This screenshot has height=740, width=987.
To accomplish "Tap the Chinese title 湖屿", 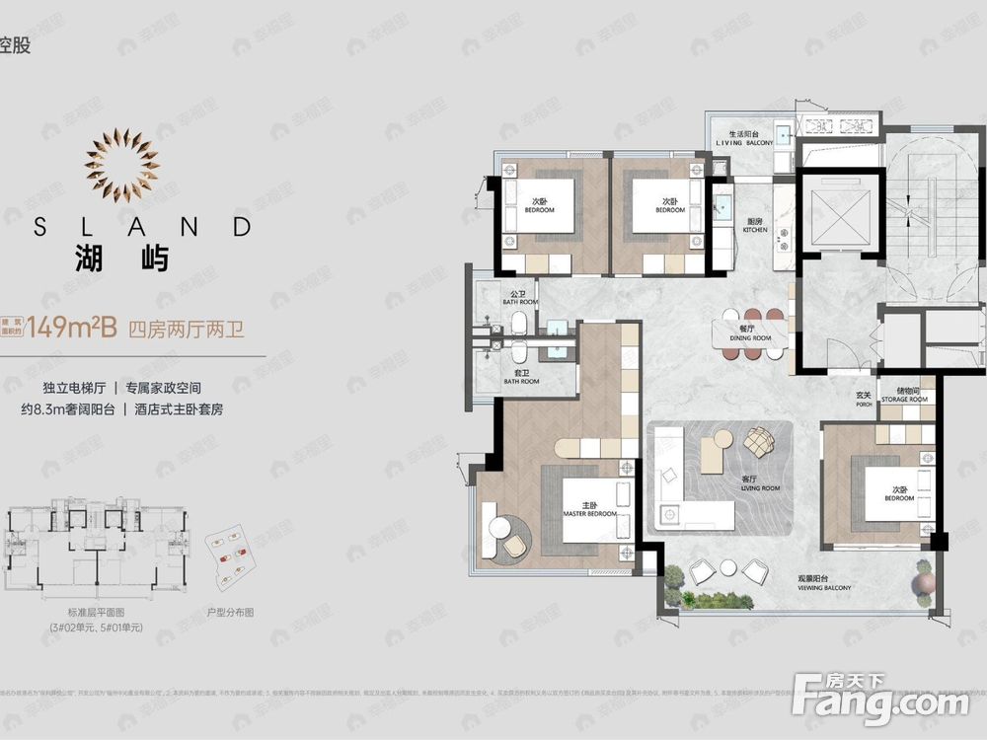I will (x=122, y=259).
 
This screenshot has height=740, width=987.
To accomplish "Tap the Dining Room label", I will (x=752, y=333).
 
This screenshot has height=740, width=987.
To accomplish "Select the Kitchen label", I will (x=755, y=226).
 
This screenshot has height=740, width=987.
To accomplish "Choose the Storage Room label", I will (x=905, y=396).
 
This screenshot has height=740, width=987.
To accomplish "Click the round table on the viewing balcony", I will (x=728, y=567).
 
